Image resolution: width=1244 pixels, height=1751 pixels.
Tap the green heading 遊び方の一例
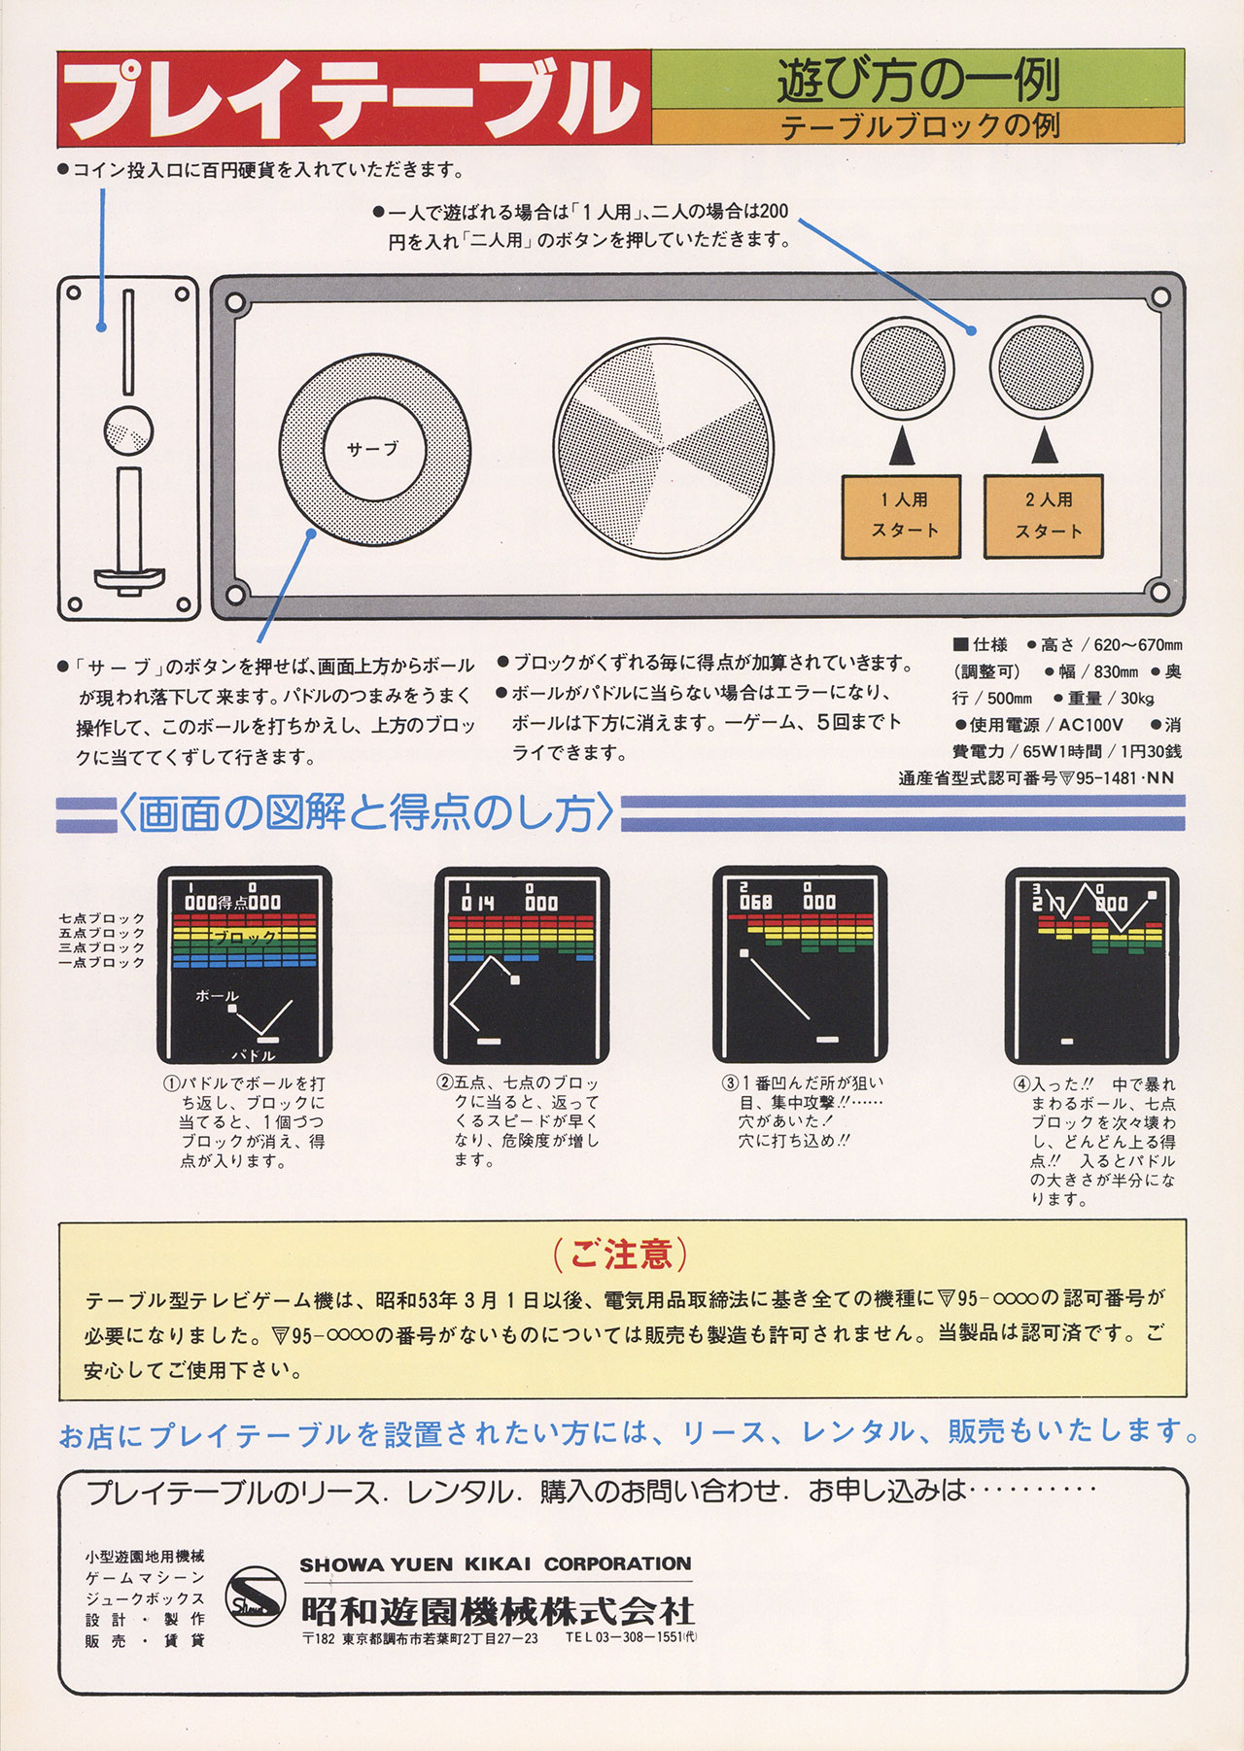(x=917, y=80)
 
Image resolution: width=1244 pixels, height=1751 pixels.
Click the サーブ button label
(x=373, y=449)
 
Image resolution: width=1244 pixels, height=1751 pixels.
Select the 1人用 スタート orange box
(x=901, y=516)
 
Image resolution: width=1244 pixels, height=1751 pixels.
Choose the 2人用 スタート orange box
(x=1044, y=516)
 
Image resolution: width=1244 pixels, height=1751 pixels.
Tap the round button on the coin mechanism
(x=127, y=431)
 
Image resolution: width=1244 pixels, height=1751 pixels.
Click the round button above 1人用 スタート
(x=902, y=367)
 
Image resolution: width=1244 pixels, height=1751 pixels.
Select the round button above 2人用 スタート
(x=1042, y=367)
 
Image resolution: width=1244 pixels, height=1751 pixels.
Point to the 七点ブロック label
(x=102, y=918)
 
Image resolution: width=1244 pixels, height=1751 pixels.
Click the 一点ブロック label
(x=102, y=962)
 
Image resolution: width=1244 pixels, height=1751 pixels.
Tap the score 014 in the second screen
(x=478, y=903)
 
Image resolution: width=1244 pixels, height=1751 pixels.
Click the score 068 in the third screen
(x=756, y=902)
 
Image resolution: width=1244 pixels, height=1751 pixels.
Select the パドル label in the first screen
(x=254, y=1055)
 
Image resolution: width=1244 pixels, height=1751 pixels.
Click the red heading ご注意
(x=622, y=1253)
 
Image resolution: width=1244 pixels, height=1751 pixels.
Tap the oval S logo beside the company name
(x=256, y=1598)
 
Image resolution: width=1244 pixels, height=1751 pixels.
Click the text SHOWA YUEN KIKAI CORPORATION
(x=496, y=1564)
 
